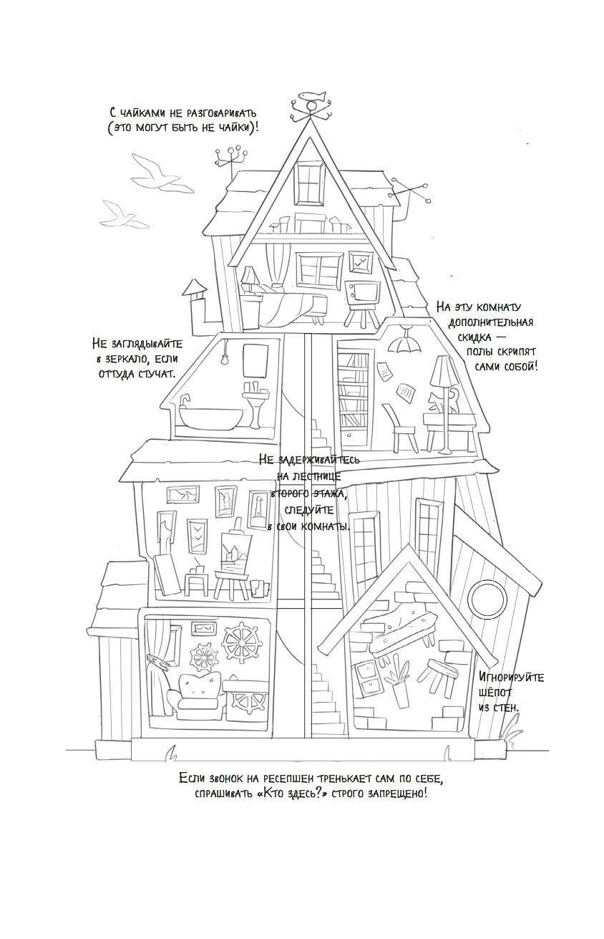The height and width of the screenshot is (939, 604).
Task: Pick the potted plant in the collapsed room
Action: [x=396, y=681]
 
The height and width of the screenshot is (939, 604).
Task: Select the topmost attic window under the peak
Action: [x=311, y=182]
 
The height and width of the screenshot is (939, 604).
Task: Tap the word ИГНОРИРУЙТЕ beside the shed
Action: [x=511, y=677]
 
